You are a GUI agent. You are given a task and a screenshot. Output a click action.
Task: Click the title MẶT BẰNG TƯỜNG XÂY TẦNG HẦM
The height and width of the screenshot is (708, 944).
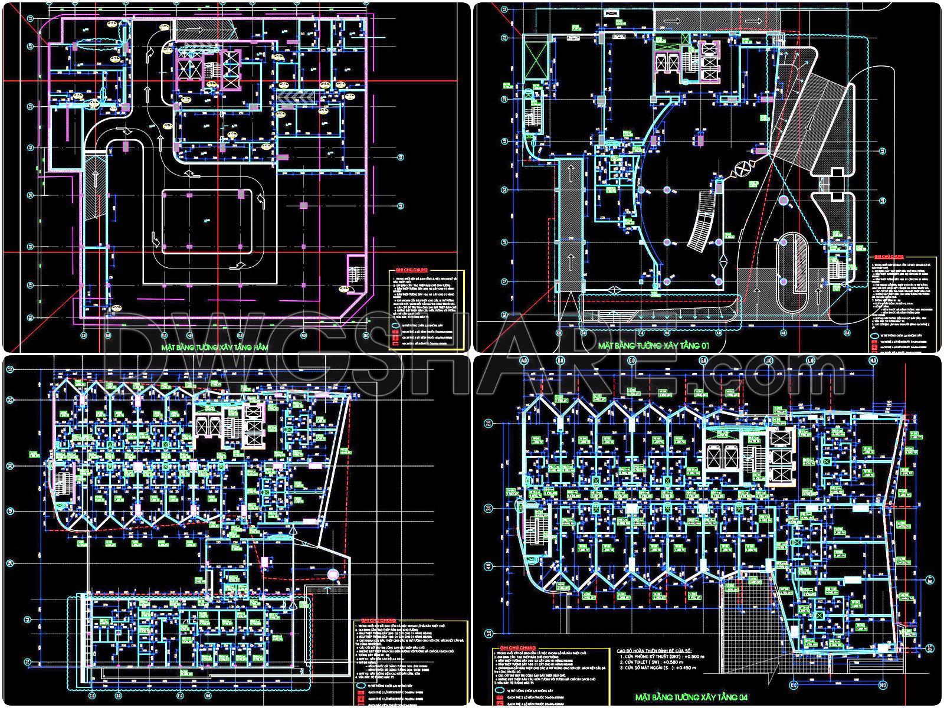point(214,348)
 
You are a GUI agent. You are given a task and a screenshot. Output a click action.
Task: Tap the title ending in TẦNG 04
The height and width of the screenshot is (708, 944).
point(691,698)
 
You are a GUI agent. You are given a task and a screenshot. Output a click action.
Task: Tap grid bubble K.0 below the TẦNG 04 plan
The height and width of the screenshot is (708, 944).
point(795,686)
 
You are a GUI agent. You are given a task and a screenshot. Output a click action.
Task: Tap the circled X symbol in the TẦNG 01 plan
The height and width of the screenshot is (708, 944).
point(741,172)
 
